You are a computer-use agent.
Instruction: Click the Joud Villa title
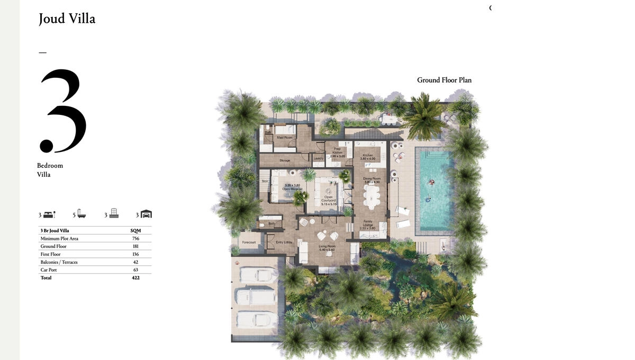click(x=67, y=19)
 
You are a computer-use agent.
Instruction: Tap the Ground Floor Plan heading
click(x=444, y=80)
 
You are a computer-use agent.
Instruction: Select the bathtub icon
click(x=81, y=214)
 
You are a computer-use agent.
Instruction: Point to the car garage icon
click(x=146, y=214)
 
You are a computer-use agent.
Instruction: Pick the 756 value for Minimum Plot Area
click(x=135, y=239)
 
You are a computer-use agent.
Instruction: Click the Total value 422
click(x=135, y=278)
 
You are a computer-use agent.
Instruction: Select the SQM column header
click(x=135, y=231)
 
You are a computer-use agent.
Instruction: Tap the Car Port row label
click(x=49, y=270)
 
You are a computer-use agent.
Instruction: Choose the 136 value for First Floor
click(x=135, y=254)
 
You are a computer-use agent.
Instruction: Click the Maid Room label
click(x=285, y=138)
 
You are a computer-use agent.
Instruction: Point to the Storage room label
click(x=285, y=160)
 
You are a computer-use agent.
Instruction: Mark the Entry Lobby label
click(x=284, y=242)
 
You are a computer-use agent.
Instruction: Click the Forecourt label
click(x=249, y=242)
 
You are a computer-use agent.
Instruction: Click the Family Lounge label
click(x=367, y=225)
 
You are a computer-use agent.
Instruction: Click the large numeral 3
click(x=62, y=111)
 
